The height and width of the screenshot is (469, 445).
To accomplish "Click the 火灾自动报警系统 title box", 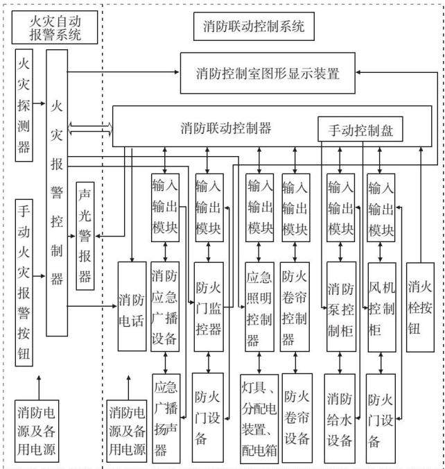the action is (55, 28).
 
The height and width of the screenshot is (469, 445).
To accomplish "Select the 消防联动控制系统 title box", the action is (254, 26).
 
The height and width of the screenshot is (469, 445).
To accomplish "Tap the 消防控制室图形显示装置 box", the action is (268, 74).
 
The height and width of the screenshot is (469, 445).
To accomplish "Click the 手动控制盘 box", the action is (360, 129).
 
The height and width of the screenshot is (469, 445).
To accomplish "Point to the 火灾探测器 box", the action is (24, 105).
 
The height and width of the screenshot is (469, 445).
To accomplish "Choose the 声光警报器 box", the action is (85, 236).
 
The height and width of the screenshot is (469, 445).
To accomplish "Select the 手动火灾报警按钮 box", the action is (24, 282).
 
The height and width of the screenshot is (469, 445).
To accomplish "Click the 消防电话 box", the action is (132, 307).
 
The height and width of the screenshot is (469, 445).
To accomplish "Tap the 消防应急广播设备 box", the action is (165, 307).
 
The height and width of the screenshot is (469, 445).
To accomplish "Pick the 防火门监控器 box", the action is (209, 307).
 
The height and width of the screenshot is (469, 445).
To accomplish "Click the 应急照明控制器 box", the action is (259, 307).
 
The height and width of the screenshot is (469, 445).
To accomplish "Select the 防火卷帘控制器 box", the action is (295, 307).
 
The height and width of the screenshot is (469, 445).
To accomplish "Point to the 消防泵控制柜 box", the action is (341, 307).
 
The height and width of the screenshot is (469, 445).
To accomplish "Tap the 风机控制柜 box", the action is (382, 307).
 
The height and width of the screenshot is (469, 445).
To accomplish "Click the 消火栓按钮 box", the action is (420, 307).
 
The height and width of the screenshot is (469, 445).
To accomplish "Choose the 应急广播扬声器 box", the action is (166, 418).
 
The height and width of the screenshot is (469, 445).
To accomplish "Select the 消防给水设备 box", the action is (340, 418).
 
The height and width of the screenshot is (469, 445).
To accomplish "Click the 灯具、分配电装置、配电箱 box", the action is (259, 419).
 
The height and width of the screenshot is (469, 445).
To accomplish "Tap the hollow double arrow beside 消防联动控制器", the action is (90, 128).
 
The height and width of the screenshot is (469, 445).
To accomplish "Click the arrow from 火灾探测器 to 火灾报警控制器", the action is (39, 103).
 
